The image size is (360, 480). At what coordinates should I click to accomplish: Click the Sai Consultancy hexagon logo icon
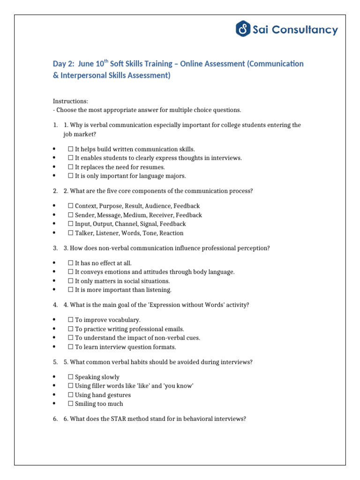(x=242, y=30)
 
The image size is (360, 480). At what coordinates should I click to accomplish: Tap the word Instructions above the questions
(x=70, y=101)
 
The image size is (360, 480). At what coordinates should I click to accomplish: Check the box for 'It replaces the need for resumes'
(x=71, y=167)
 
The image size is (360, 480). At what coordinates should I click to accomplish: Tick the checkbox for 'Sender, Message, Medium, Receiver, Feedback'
(x=71, y=215)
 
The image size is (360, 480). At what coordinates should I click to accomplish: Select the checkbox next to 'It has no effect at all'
(x=71, y=263)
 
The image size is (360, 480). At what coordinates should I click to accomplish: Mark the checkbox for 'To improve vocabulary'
(x=71, y=320)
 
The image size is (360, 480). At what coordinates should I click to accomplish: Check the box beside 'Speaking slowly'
(x=71, y=377)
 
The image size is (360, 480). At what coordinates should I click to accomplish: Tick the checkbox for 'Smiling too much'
(x=71, y=404)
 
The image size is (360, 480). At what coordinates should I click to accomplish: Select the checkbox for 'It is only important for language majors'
(x=71, y=176)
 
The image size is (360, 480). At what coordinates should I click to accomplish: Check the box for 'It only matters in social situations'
(x=71, y=281)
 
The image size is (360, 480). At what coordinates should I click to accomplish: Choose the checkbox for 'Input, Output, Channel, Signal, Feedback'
(x=71, y=224)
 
